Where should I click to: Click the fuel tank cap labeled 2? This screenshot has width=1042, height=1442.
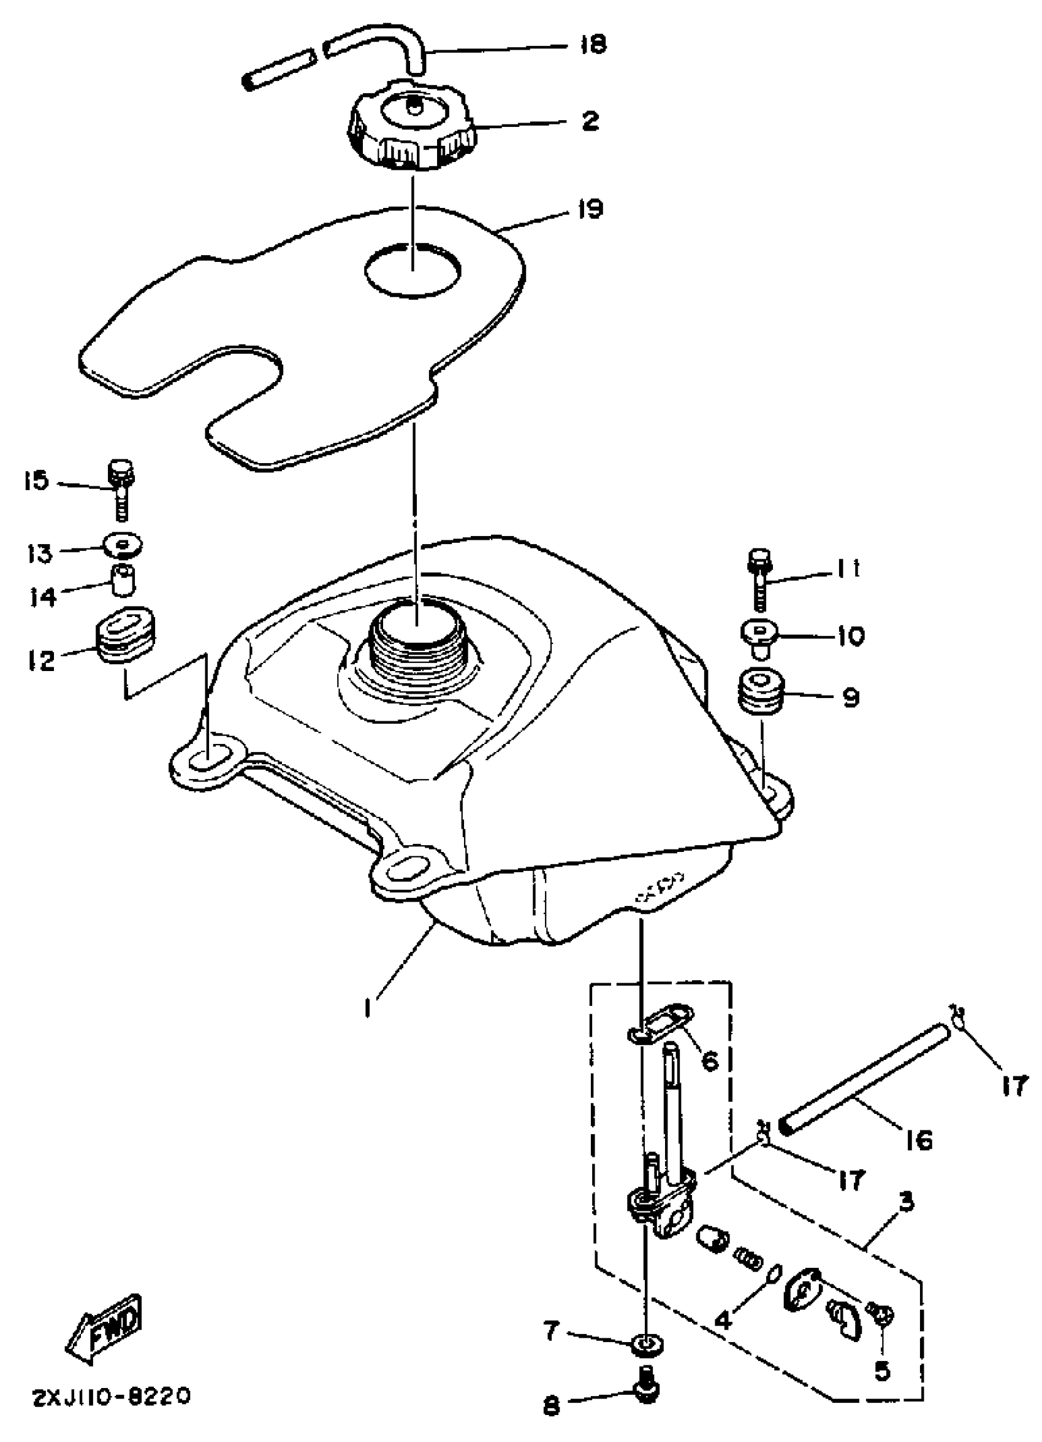click(x=412, y=127)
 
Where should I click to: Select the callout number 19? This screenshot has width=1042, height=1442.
click(x=590, y=209)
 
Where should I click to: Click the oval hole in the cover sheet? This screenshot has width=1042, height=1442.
click(x=413, y=270)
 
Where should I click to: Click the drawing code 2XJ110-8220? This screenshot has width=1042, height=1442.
click(x=111, y=1397)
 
